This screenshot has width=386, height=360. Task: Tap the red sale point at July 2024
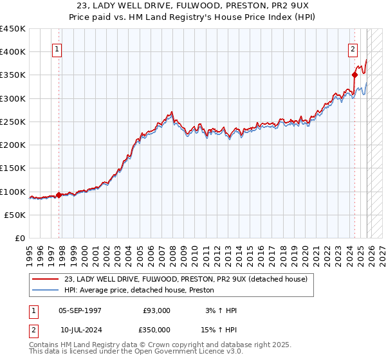click(354, 75)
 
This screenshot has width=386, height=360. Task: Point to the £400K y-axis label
click(12, 52)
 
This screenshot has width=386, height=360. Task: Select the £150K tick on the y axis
click(12, 168)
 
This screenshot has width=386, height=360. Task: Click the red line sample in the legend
click(46, 279)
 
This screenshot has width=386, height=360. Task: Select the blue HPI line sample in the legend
click(46, 291)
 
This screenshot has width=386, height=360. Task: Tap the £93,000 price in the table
click(157, 310)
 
